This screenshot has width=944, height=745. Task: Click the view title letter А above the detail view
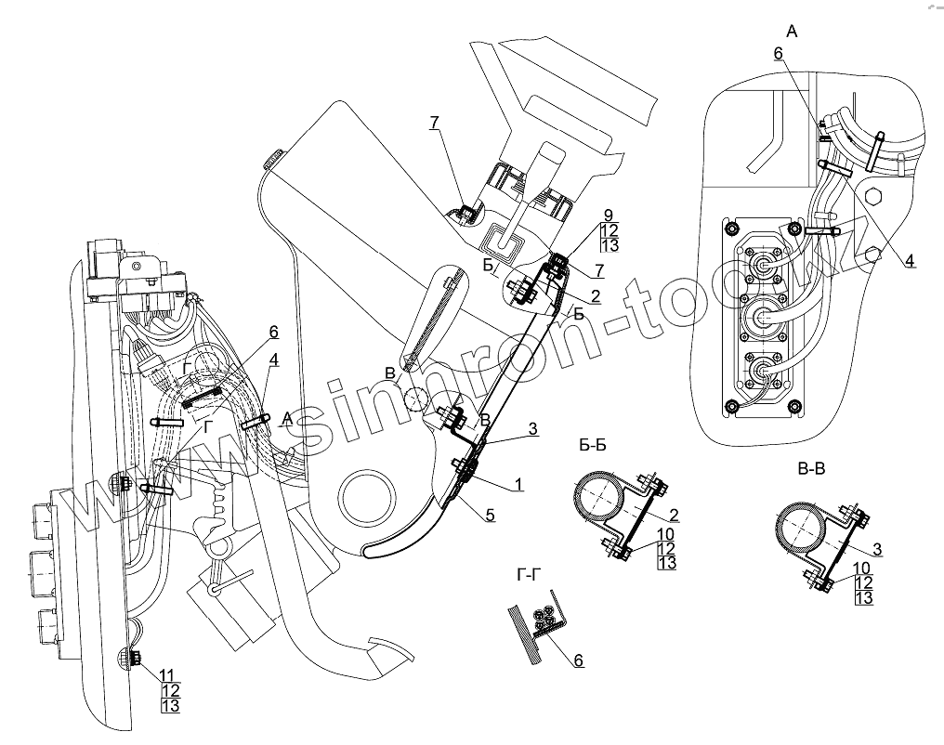(792, 32)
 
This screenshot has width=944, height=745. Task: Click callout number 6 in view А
(779, 55)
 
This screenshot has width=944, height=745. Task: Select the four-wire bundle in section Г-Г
(544, 619)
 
